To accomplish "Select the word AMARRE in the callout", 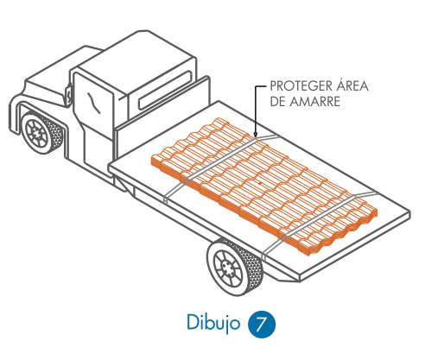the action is point(314,102).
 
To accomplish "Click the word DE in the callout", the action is point(277,102).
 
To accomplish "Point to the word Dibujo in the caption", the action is point(213,323).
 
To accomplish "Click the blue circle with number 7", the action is point(262,325).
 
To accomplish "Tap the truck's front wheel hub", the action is point(36,133).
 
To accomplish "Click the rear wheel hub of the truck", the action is point(228,268).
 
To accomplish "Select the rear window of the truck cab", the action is point(165,91).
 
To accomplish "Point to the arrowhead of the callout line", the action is point(255,134).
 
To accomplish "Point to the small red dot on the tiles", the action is point(260,183).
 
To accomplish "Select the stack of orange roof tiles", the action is point(264,186).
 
